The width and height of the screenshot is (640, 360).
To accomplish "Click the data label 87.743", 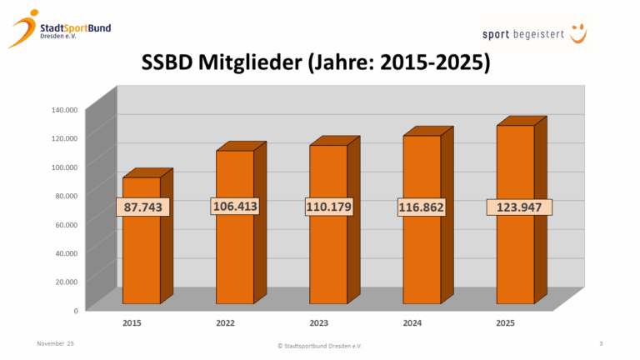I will click(144, 207).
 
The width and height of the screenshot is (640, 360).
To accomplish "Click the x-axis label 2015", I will click(131, 322).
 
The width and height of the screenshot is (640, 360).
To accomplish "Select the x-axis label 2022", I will click(225, 322).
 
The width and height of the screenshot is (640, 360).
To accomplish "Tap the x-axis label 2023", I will click(319, 322).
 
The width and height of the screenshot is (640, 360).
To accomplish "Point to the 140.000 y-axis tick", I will click(64, 109).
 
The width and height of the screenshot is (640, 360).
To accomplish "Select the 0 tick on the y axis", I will click(75, 310).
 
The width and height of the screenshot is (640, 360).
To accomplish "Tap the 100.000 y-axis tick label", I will click(64, 167).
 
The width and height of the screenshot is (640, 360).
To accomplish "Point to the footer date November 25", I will click(56, 343).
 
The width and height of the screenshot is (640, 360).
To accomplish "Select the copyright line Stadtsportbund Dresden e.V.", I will click(319, 345).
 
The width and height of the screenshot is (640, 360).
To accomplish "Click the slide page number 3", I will click(601, 343).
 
